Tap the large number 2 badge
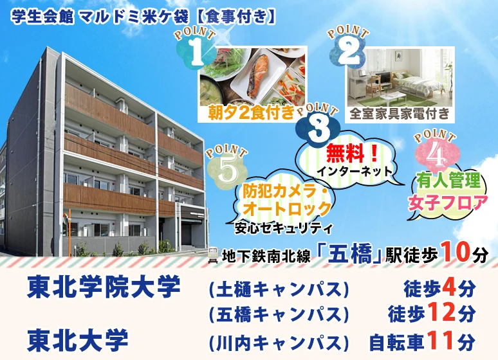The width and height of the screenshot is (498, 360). [x=348, y=51]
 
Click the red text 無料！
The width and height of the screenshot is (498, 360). [x=352, y=154]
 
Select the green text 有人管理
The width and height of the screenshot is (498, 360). [x=449, y=181]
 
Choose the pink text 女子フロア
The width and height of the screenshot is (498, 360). [x=448, y=203]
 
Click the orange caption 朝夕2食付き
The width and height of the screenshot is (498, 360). [x=251, y=113]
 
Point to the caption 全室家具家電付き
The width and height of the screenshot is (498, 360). [x=400, y=114]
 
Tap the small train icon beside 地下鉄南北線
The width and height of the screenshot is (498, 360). [x=212, y=255]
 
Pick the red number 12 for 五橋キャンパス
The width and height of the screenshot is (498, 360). [x=442, y=312]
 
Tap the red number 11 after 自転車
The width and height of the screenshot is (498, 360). [x=440, y=340]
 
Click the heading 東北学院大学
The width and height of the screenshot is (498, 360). [x=104, y=287]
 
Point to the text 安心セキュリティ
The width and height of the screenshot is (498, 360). [x=283, y=228]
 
